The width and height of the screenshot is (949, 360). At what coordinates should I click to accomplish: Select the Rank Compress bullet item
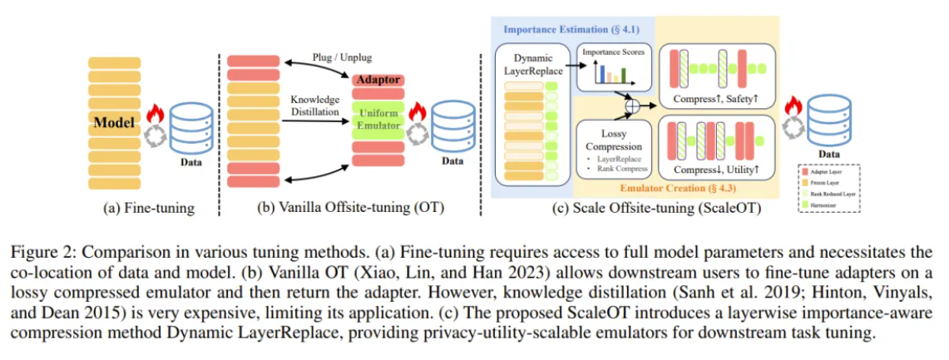coord(616,169)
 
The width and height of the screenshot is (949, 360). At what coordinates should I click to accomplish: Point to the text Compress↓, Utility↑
coord(717,170)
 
